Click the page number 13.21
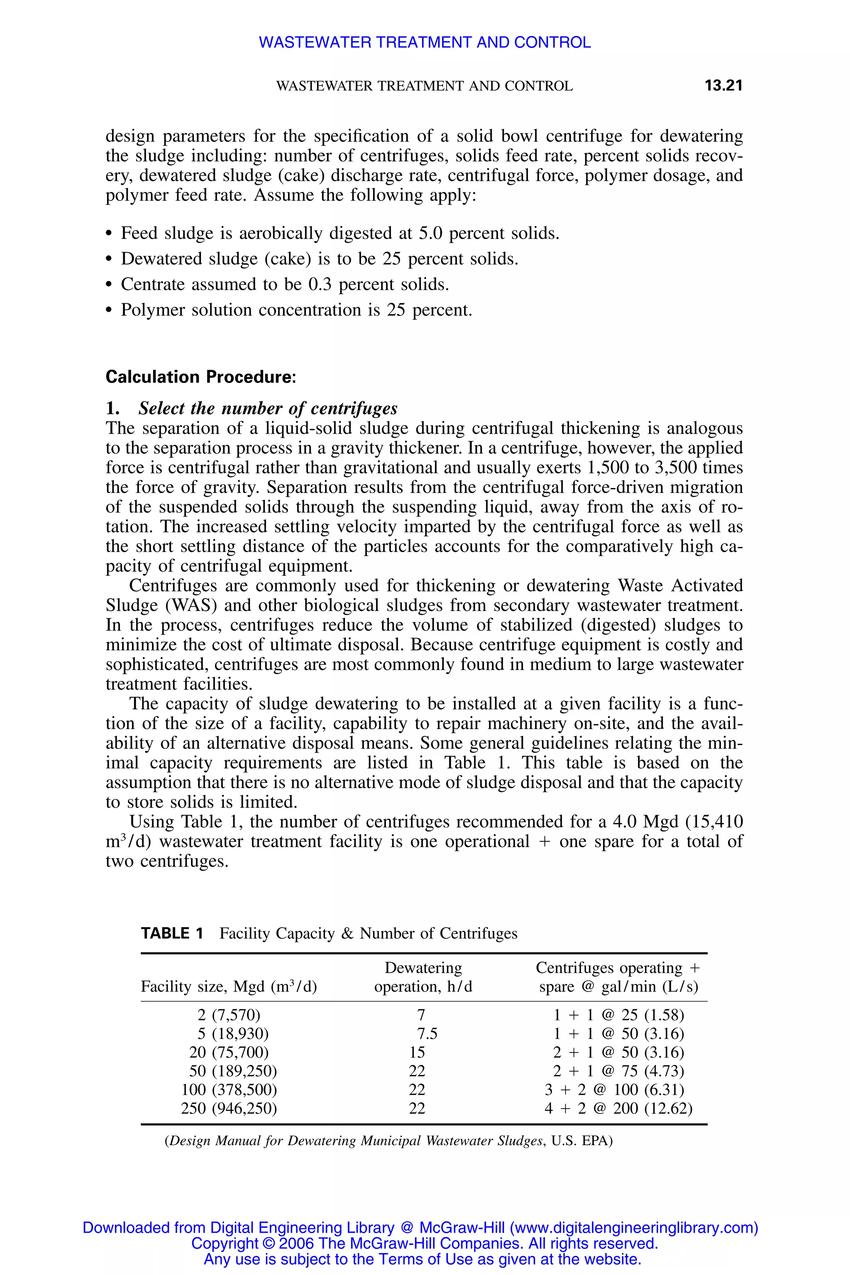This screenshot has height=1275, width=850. click(x=723, y=85)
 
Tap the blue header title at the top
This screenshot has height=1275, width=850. click(x=425, y=42)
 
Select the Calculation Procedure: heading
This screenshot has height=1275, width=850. click(x=200, y=377)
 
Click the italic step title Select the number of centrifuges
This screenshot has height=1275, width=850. click(x=268, y=408)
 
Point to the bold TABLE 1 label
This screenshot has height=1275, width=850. click(x=172, y=933)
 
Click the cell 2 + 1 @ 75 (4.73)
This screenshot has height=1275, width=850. click(x=618, y=1071)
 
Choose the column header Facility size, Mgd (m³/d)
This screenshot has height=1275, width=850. click(x=229, y=987)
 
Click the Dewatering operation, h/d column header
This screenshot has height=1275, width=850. click(x=423, y=977)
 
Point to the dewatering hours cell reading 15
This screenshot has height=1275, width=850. click(x=417, y=1053)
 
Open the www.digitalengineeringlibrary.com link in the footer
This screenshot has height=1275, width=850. click(x=633, y=1228)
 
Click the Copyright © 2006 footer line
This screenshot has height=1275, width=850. click(x=425, y=1243)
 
